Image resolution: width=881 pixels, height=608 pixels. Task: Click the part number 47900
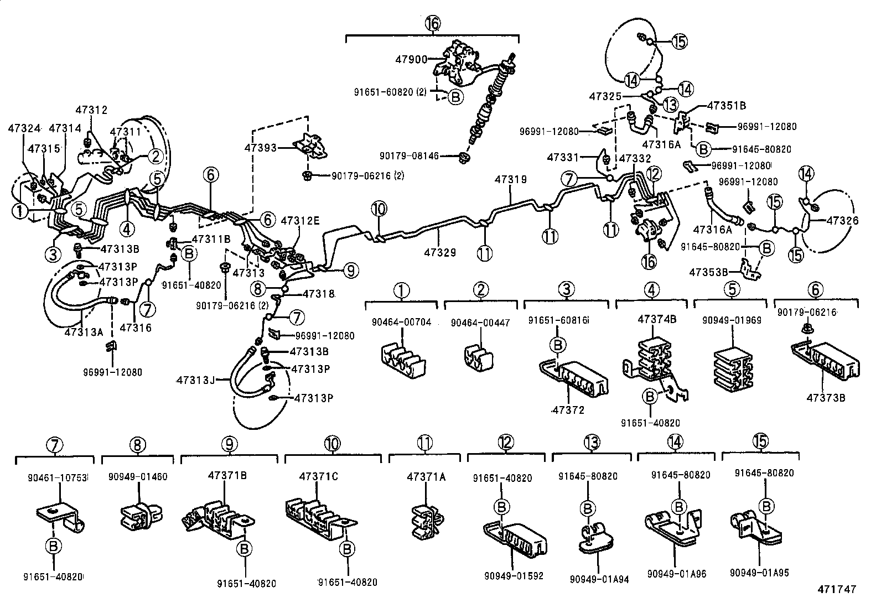pyautogui.click(x=412, y=59)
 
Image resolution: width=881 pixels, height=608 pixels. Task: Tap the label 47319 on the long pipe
pyautogui.click(x=510, y=180)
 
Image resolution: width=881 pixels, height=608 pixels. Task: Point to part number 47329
pyautogui.click(x=440, y=252)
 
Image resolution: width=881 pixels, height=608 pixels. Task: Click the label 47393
pyautogui.click(x=260, y=148)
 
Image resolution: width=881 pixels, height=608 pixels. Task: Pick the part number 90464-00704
pyautogui.click(x=402, y=323)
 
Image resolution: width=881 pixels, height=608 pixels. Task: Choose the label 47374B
pyautogui.click(x=657, y=319)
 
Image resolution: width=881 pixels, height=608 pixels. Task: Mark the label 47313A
pyautogui.click(x=84, y=332)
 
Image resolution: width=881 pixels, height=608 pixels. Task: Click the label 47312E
pyautogui.click(x=300, y=220)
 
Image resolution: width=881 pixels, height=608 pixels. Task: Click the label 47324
pyautogui.click(x=24, y=128)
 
